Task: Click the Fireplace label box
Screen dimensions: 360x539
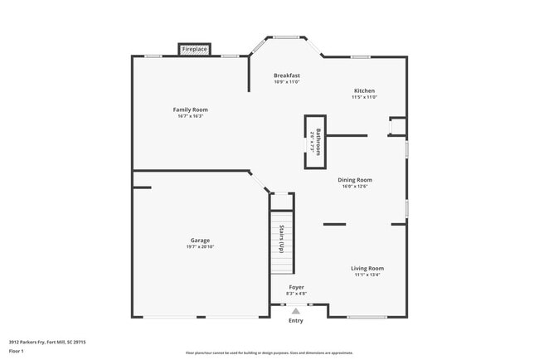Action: click(195, 50)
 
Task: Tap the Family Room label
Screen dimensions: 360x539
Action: click(190, 109)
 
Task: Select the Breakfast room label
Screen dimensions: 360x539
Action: click(286, 75)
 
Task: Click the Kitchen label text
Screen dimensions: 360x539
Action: click(364, 90)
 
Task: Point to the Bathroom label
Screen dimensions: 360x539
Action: click(314, 142)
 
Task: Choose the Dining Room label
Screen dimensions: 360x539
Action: click(354, 179)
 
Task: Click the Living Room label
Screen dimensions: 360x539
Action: click(367, 268)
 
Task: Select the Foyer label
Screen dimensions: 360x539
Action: click(296, 287)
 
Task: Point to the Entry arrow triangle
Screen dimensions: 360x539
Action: click(296, 310)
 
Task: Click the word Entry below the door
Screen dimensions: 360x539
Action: click(296, 320)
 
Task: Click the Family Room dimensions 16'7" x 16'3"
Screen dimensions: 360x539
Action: click(190, 116)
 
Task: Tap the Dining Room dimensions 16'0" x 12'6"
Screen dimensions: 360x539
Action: click(354, 186)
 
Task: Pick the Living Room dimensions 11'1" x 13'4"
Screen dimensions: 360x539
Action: click(367, 275)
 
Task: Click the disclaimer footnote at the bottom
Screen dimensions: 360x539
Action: click(269, 353)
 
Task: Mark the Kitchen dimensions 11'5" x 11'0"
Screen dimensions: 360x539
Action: click(364, 97)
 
